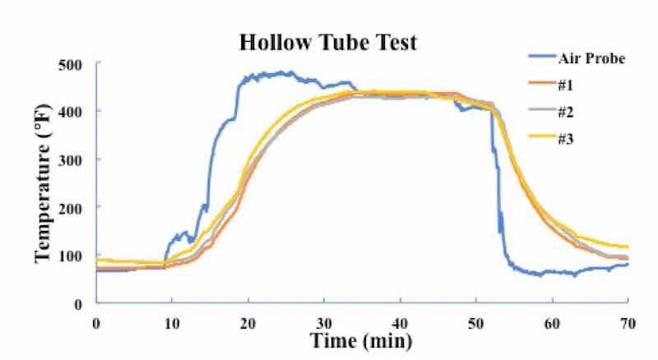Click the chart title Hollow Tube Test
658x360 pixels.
(327, 43)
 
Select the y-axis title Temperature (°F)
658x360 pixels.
(43, 182)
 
